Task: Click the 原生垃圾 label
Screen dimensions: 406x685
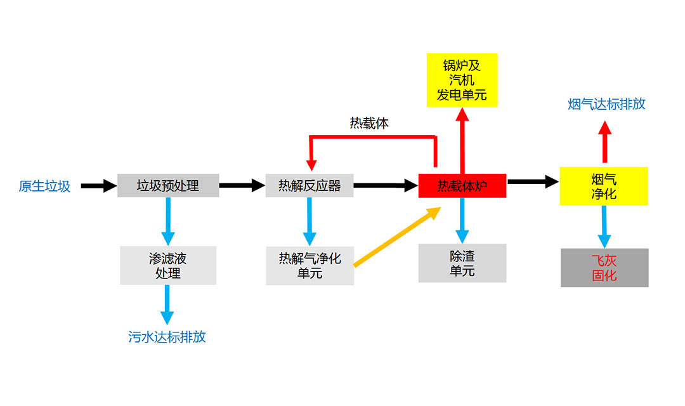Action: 44,186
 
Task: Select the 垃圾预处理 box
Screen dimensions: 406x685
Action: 168,185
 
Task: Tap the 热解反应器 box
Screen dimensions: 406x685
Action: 310,185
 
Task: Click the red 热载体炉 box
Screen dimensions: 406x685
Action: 462,185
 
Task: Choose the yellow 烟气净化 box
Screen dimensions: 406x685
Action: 604,185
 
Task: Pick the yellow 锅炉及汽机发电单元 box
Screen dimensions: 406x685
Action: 462,80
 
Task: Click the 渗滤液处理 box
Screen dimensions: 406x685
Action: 168,265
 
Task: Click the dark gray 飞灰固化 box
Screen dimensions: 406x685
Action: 604,268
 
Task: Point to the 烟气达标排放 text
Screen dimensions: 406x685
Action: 606,104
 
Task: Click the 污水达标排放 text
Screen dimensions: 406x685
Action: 167,337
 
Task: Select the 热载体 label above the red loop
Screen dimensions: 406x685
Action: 369,123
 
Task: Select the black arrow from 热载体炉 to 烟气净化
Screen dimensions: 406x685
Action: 533,182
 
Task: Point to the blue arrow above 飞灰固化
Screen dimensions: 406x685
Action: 604,226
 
